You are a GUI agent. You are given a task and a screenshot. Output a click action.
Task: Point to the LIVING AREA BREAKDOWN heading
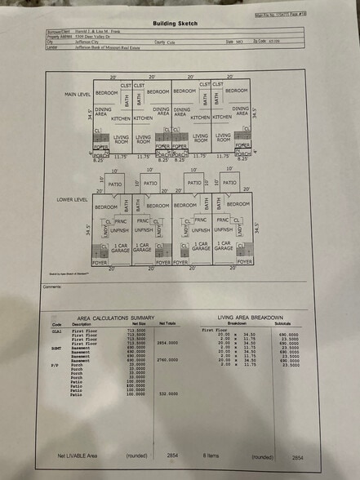tap(251, 317)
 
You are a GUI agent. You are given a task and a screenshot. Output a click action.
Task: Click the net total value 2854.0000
tap(167, 343)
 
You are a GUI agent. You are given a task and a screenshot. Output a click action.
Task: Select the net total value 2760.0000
tap(167, 360)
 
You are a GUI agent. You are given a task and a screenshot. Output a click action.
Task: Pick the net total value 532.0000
tap(168, 393)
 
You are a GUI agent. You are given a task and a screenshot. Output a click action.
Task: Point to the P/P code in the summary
tap(57, 364)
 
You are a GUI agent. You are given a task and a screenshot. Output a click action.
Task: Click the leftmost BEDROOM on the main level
tap(106, 92)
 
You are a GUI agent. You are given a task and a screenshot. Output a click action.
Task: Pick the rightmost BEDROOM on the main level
tap(237, 91)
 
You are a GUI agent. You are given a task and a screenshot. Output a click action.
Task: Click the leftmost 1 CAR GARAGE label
tap(120, 246)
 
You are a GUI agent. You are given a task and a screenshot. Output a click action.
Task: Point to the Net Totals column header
tap(167, 323)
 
